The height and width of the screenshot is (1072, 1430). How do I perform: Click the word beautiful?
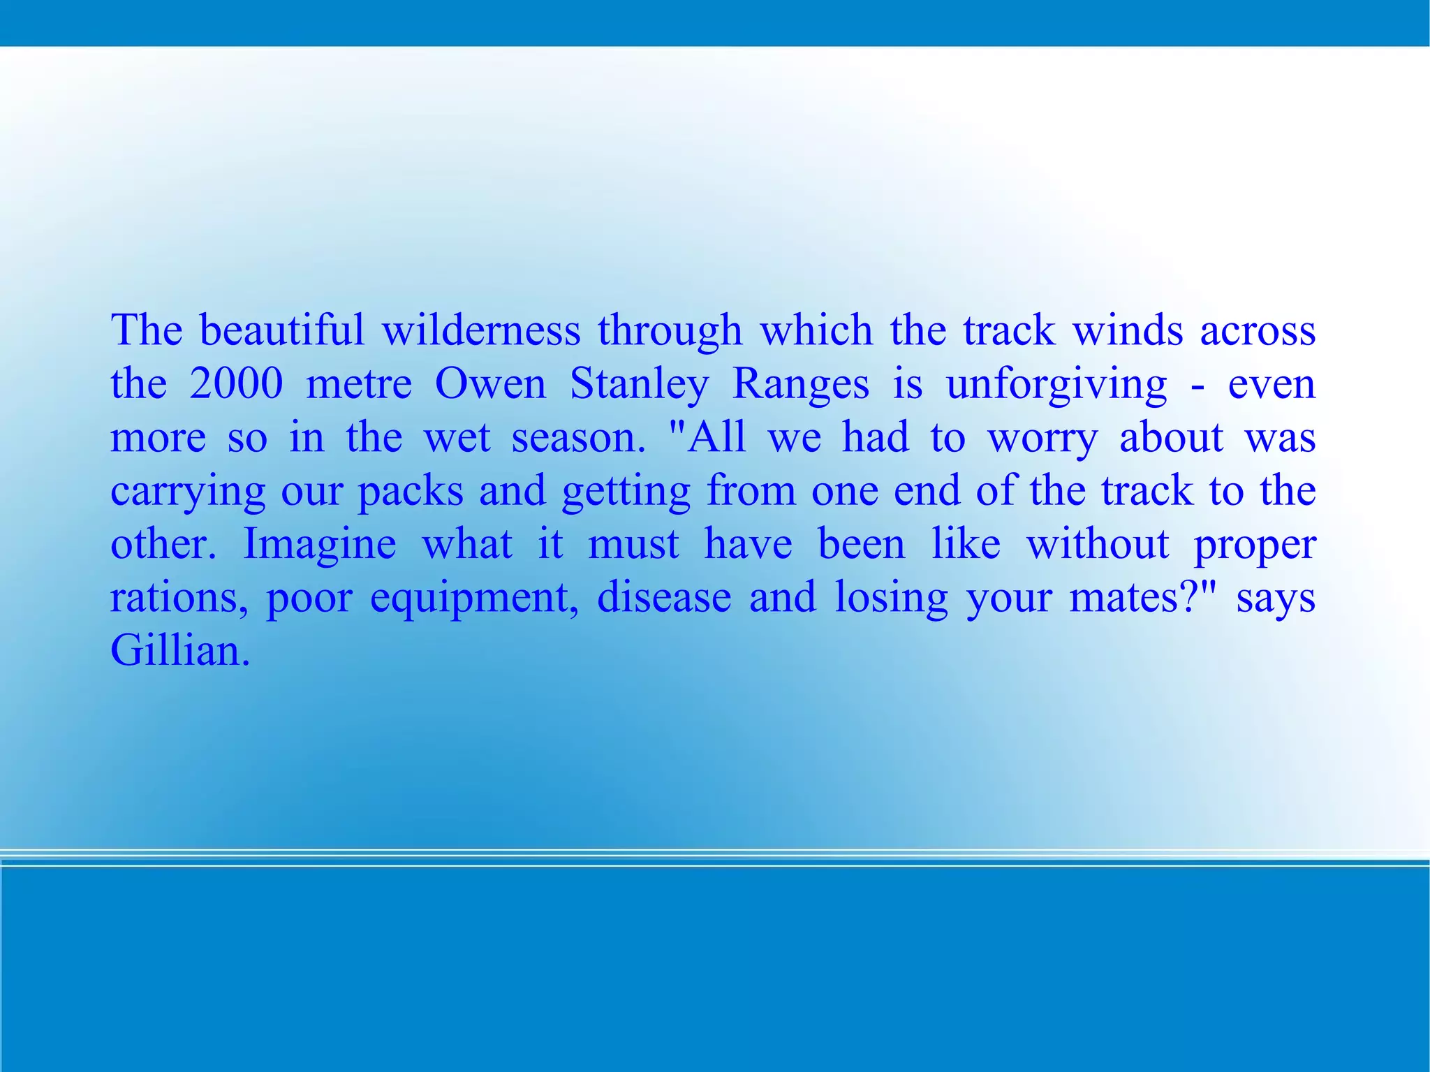(281, 330)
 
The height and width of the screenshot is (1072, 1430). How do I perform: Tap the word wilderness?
(481, 330)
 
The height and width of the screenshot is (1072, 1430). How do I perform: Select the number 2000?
(236, 383)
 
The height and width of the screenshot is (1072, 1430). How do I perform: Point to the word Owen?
(490, 383)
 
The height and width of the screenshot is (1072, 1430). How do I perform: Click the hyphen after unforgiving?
(1198, 385)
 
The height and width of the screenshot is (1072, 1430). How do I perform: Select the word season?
(578, 438)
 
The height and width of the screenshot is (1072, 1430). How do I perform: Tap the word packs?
(411, 491)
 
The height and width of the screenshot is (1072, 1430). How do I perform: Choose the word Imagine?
(319, 545)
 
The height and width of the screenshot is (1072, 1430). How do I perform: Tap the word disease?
(664, 598)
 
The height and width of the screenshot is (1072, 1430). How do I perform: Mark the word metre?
(359, 383)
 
